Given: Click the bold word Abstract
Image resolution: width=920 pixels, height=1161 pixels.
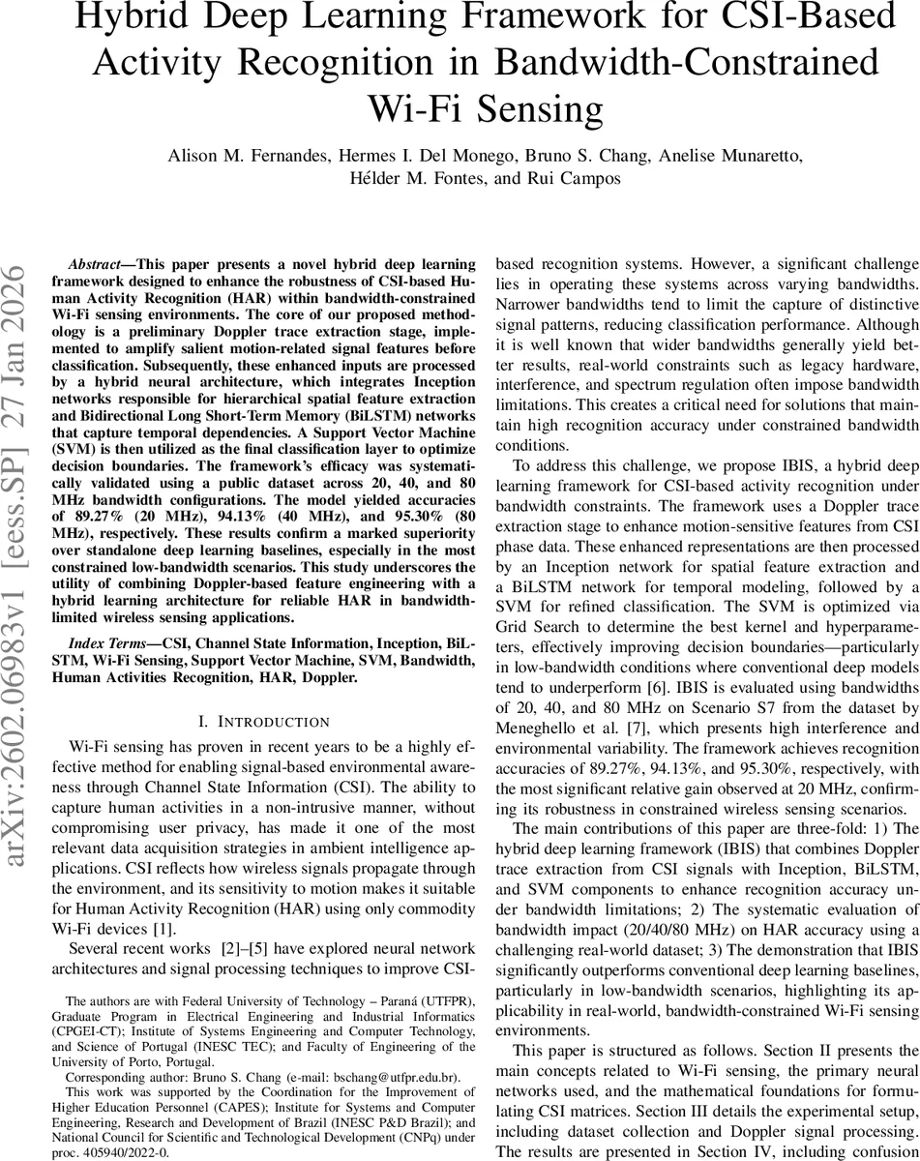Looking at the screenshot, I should (x=99, y=263).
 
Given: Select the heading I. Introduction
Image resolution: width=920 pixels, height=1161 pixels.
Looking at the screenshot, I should (x=264, y=695).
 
